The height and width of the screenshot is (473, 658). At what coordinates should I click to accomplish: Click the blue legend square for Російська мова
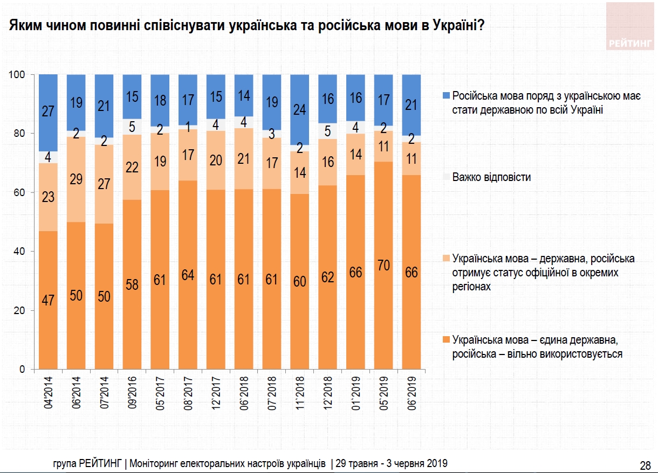point(446,96)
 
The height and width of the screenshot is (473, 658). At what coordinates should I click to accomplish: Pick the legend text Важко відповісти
point(491,177)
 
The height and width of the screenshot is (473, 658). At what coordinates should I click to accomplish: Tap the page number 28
point(645,464)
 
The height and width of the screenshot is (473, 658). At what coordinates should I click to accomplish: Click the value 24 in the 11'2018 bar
point(299,110)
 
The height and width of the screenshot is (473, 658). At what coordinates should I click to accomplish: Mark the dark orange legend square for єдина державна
point(446,340)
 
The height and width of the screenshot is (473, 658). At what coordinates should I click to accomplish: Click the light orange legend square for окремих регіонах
point(446,258)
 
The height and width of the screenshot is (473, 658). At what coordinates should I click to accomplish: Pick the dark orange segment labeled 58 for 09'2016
point(133,284)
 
